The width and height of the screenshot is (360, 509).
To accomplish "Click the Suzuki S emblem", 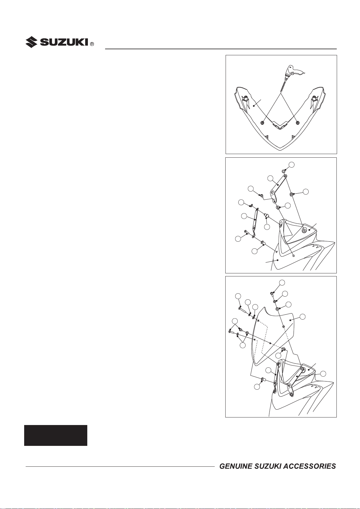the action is click(x=32, y=42).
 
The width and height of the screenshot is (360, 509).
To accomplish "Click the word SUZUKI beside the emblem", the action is click(x=65, y=42).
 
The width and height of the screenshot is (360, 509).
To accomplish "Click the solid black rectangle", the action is click(x=56, y=435).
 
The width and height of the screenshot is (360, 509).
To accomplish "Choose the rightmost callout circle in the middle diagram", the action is click(x=306, y=191).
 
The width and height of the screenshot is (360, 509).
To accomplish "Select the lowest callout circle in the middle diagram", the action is click(x=255, y=251).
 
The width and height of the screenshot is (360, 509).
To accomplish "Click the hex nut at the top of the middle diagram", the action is click(x=284, y=171).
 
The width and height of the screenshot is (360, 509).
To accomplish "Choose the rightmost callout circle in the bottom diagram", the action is click(x=323, y=374).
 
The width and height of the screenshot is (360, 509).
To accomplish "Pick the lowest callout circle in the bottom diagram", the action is click(x=257, y=387).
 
